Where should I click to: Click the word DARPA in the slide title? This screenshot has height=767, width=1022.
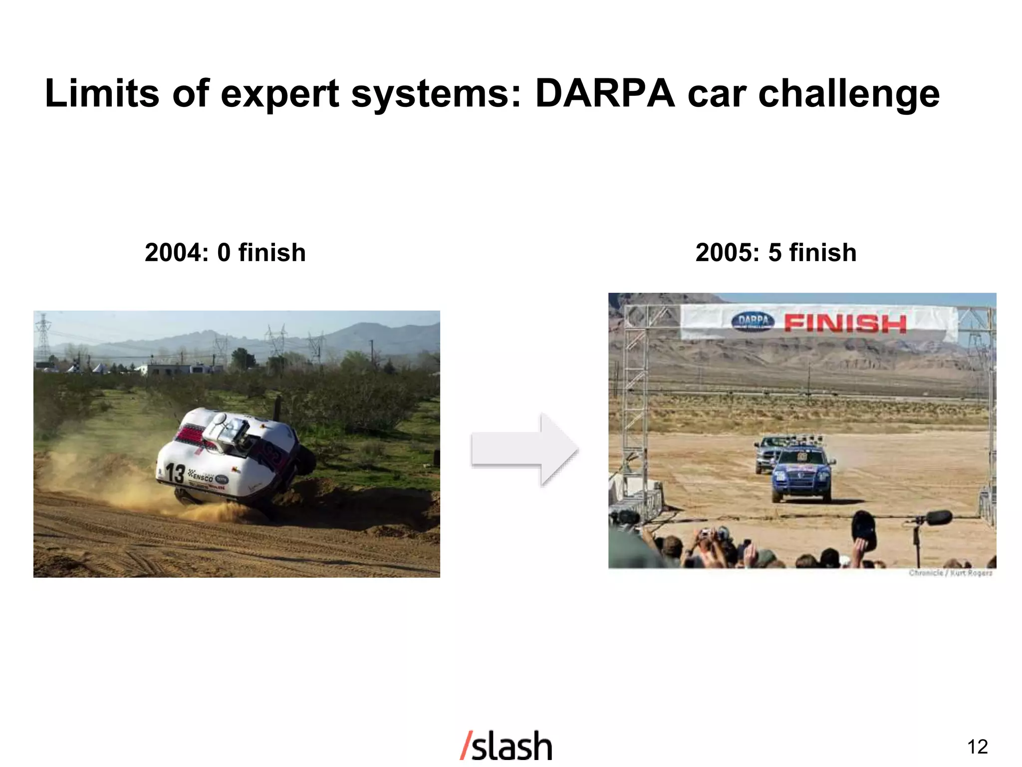pyautogui.click(x=604, y=93)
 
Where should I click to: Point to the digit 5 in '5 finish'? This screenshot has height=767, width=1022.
pyautogui.click(x=774, y=252)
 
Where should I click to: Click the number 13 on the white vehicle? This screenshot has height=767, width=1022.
pyautogui.click(x=175, y=472)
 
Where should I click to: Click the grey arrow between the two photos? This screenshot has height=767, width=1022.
pyautogui.click(x=524, y=449)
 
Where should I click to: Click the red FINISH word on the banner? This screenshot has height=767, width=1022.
pyautogui.click(x=845, y=324)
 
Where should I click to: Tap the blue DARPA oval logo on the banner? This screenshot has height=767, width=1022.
pyautogui.click(x=753, y=321)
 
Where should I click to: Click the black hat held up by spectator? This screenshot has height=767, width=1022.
pyautogui.click(x=864, y=529)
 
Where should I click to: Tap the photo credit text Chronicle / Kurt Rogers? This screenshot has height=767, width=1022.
pyautogui.click(x=950, y=573)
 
